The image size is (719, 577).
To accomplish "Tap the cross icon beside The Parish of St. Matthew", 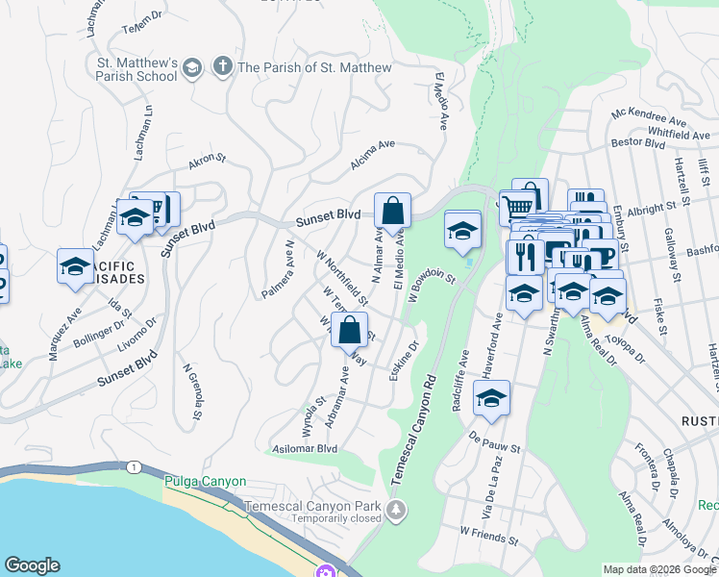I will (x=222, y=66).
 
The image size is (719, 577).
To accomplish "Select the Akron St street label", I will (x=207, y=161).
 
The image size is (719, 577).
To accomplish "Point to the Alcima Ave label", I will (x=373, y=154).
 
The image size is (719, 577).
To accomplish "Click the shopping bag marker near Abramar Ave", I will (x=349, y=330).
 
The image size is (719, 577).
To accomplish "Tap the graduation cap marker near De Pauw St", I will (x=491, y=398).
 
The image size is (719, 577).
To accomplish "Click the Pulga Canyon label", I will (x=205, y=481).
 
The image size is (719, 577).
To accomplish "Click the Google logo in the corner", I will (x=32, y=565).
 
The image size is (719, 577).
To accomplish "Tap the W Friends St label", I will (x=489, y=530).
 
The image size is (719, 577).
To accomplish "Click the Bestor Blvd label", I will (x=638, y=143).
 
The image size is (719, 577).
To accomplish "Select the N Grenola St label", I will (x=191, y=391).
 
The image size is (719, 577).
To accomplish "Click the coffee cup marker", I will (x=600, y=257).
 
